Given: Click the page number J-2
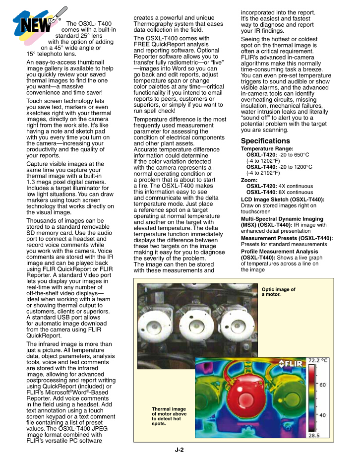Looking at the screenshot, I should point(180,451).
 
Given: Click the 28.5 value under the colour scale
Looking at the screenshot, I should point(321,435).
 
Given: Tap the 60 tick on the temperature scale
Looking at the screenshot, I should point(322,385).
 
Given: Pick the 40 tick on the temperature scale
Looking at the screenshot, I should point(322,414).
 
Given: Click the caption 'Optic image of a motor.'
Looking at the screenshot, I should point(278,292).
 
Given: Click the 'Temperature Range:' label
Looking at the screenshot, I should point(267,148).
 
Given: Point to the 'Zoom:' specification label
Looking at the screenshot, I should point(249,180).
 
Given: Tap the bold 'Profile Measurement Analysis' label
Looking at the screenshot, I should point(280,252).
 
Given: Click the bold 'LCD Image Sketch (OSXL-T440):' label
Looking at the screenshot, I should point(283,199).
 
